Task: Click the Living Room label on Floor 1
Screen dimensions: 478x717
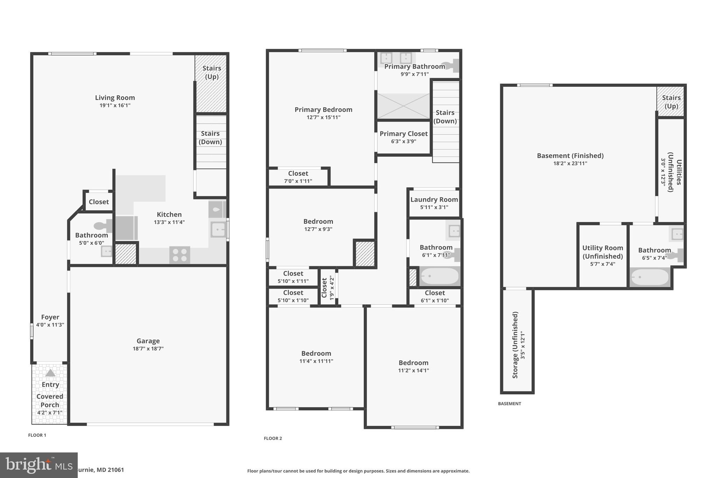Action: point(115,98)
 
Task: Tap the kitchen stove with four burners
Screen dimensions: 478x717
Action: point(180,255)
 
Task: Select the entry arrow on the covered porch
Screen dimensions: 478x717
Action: point(50,373)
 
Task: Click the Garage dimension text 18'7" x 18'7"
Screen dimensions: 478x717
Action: point(148,348)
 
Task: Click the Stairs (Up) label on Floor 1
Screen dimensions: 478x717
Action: point(211,72)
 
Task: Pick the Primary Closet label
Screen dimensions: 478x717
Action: point(403,134)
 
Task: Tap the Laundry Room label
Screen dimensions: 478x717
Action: point(434,200)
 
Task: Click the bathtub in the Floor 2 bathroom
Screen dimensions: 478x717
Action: point(440,276)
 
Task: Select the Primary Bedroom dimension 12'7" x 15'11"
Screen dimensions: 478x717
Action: point(323,117)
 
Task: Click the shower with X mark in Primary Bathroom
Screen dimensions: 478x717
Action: point(403,106)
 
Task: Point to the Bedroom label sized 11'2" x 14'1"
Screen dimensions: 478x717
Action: point(413,363)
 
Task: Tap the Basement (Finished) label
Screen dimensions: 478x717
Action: point(570,155)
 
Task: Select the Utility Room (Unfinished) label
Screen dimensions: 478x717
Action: point(603,252)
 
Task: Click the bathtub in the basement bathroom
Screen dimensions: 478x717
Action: point(650,277)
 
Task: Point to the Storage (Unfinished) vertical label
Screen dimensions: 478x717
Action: point(515,345)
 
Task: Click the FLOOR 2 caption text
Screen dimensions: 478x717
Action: point(273,438)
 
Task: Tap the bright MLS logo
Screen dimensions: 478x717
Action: point(39,465)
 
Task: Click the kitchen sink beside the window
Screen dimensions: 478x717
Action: point(218,230)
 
